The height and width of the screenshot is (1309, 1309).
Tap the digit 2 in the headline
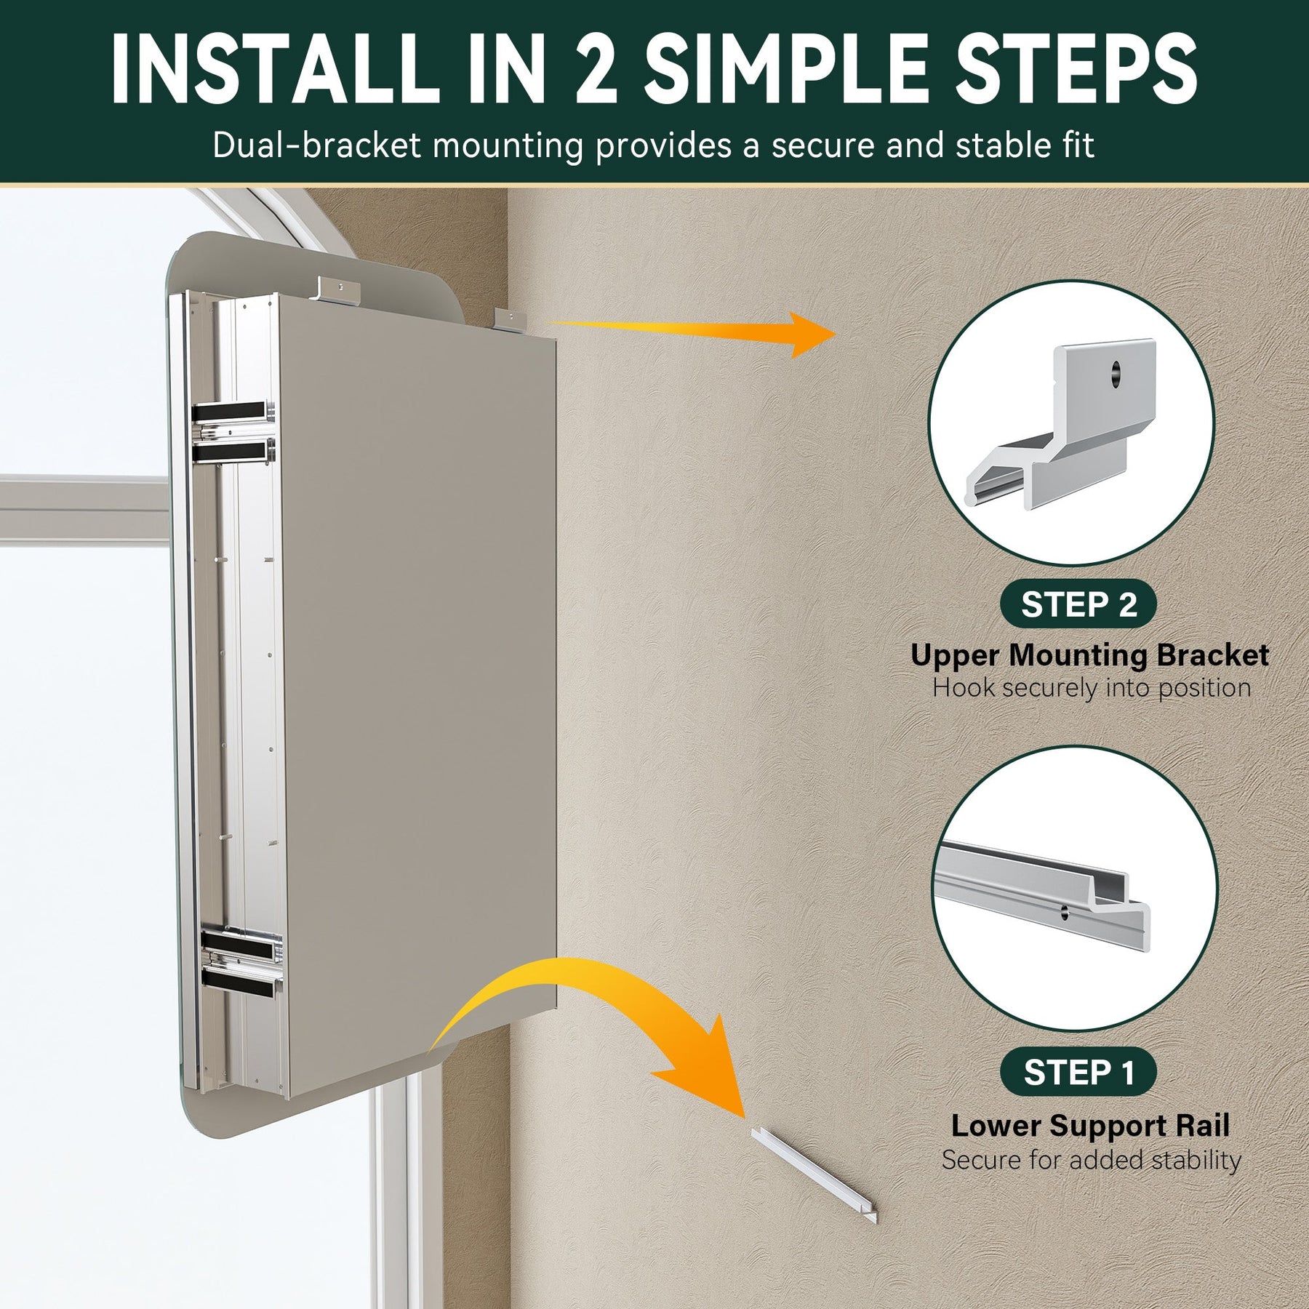pos(596,69)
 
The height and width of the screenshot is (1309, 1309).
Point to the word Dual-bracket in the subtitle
pos(317,145)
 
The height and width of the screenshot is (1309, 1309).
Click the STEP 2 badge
pos(1079,604)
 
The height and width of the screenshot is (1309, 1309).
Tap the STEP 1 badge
pos(1079,1072)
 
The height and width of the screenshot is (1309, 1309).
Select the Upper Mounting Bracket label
pos(1089,655)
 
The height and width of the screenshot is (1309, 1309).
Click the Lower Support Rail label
pos(1090,1126)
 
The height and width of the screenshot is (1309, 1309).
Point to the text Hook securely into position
pos(1092,688)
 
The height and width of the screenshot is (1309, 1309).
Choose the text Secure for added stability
pos(1091,1159)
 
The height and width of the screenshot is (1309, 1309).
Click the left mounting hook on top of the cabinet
pos(338,289)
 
